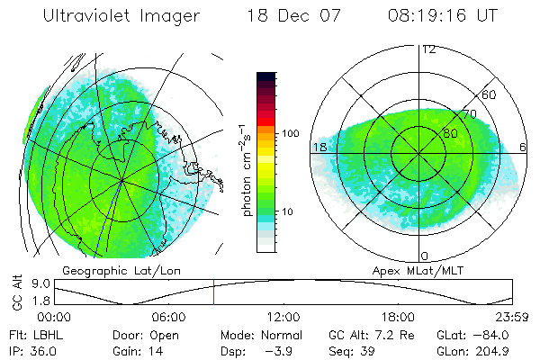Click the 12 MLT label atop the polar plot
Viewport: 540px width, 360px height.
point(429,49)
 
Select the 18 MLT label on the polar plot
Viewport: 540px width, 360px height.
point(319,147)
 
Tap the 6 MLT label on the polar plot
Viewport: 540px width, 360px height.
point(523,147)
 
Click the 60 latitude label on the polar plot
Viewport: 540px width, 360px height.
point(490,94)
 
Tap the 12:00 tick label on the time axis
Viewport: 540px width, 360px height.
point(283,317)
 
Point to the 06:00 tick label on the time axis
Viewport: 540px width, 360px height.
point(169,317)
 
